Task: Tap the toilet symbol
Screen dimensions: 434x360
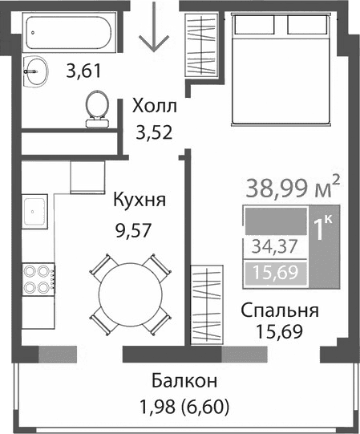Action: (x=97, y=107)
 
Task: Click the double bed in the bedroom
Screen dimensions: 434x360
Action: (x=280, y=70)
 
